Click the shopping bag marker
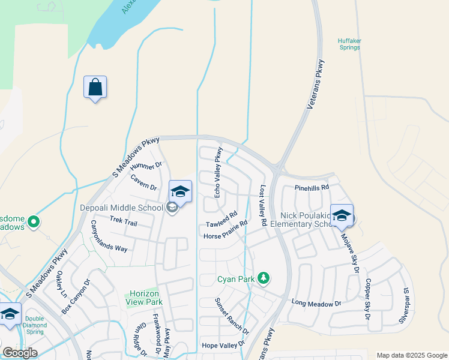point(95,88)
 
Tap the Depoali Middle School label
point(122,208)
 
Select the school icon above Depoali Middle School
point(180,192)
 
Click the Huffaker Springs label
point(349,44)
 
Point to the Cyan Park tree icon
point(263,278)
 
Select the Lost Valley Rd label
point(263,205)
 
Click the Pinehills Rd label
point(312,188)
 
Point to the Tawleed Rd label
point(222,220)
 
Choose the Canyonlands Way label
point(109,235)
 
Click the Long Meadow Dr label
point(316,304)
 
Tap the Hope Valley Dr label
point(223,345)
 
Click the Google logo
point(20,353)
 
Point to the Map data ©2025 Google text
point(411,355)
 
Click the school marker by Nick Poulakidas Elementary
point(342,216)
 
